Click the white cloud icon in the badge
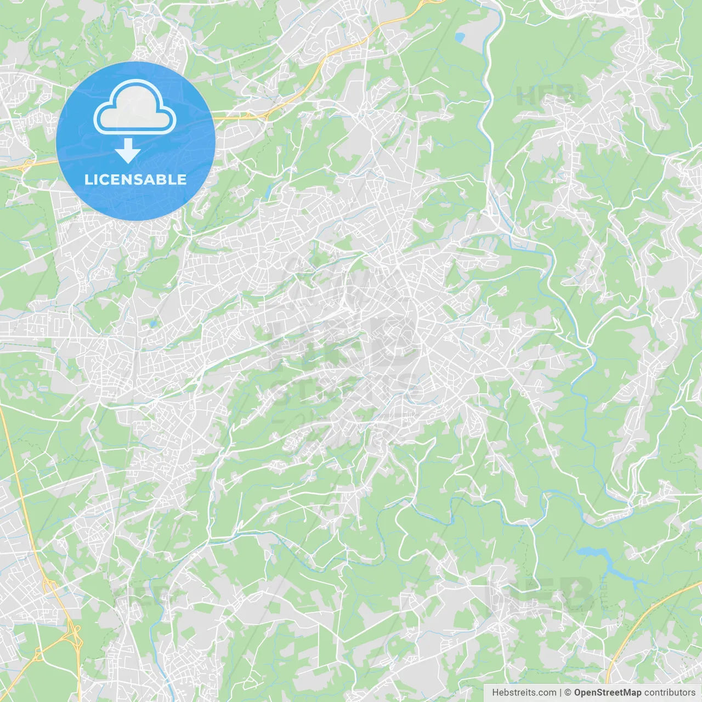point(135,107)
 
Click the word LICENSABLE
point(135,179)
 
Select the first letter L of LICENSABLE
point(88,179)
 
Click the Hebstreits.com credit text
point(524,693)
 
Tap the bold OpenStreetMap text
point(607,693)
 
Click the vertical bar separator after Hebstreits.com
point(561,693)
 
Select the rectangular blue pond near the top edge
point(459,37)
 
